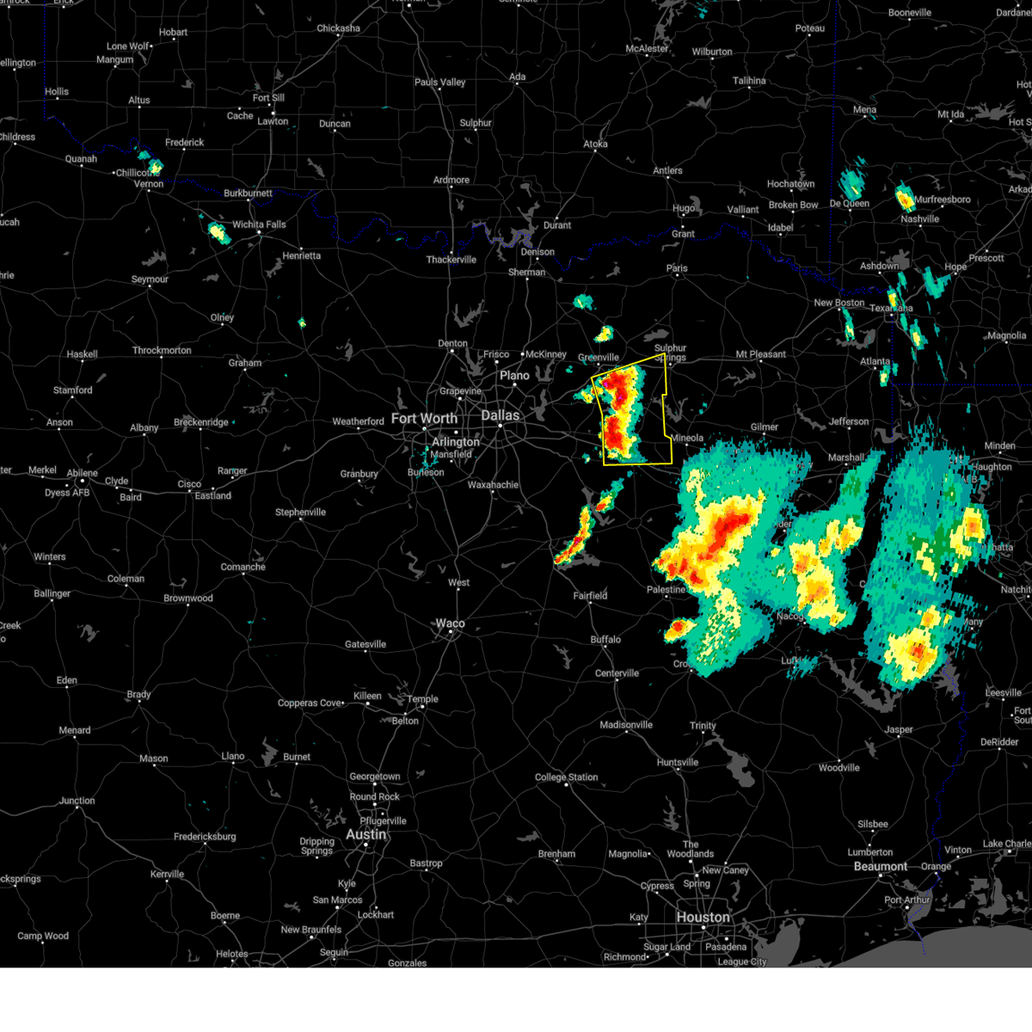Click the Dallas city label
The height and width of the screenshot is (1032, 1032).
[x=500, y=415]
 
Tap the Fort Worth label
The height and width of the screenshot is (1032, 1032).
[x=424, y=419]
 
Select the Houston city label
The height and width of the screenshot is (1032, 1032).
[x=703, y=918]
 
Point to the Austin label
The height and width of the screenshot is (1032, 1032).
[x=365, y=834]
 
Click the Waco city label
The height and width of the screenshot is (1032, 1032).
[x=450, y=623]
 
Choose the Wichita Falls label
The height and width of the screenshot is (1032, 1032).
[x=259, y=224]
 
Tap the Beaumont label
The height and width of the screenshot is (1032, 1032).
[x=880, y=866]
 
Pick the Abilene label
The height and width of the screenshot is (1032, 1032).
[x=83, y=472]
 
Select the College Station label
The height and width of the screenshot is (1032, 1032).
[x=566, y=777]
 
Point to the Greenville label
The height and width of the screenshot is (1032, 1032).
[x=598, y=358]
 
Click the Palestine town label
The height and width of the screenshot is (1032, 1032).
[x=666, y=590]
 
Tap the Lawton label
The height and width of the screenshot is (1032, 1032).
[x=273, y=121]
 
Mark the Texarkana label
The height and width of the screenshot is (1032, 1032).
[x=891, y=308]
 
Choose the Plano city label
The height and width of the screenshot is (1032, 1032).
[x=514, y=376]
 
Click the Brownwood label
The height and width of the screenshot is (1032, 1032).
[x=187, y=599]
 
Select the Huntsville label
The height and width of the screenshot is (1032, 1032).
[x=677, y=763]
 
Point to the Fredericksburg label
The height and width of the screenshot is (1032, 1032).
[x=204, y=837]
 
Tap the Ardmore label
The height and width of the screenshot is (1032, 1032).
[x=451, y=181]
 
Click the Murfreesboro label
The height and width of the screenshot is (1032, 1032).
[x=942, y=200]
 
